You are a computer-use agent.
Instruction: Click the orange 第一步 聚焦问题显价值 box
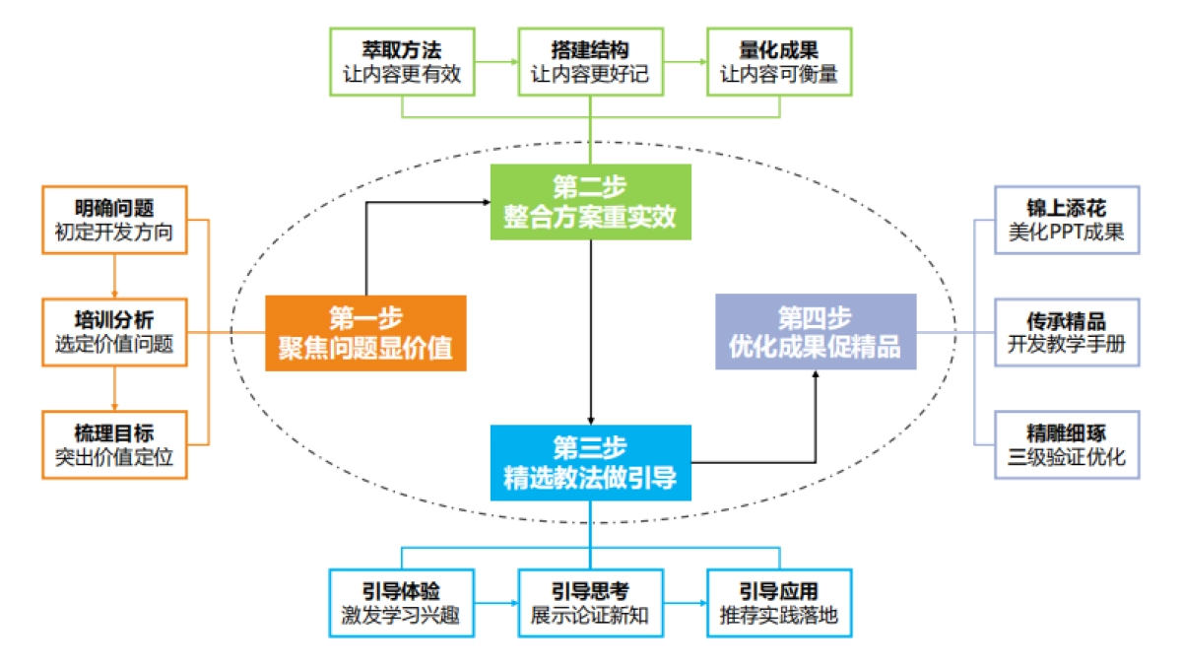coord(364,333)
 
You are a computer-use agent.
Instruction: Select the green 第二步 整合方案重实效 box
coord(590,203)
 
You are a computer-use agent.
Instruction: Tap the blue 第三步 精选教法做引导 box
coord(590,462)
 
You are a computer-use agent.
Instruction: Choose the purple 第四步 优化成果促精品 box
coord(815,332)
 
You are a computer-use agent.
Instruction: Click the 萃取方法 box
coord(403,61)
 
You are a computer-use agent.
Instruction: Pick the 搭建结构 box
coord(590,61)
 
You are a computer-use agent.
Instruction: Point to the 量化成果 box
coord(779,61)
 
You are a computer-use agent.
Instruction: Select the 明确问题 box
coord(114,220)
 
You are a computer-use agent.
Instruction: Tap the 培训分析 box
coord(114,332)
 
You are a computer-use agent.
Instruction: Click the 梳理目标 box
coord(114,444)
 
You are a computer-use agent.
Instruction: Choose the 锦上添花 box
coord(1067,220)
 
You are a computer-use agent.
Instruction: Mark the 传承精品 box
coord(1067,332)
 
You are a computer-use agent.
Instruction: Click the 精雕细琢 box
coord(1067,444)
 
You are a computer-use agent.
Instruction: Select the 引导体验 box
coord(403,603)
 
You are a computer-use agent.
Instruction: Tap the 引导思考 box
coord(590,603)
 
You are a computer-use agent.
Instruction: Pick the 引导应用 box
coord(779,603)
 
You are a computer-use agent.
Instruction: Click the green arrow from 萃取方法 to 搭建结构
coord(497,61)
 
